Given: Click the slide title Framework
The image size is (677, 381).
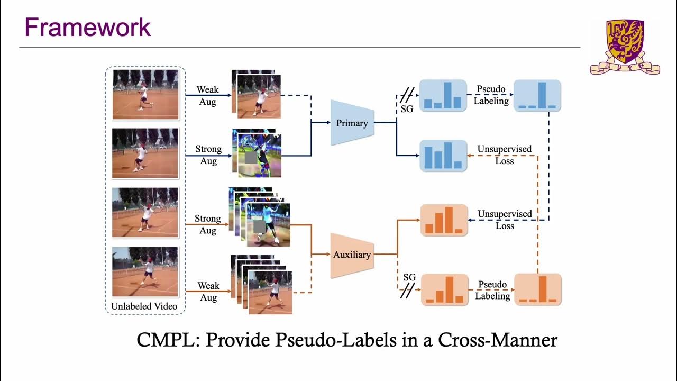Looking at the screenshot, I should [88, 28].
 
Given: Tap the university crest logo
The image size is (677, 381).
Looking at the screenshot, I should [625, 46].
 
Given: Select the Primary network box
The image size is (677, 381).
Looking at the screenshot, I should [352, 123].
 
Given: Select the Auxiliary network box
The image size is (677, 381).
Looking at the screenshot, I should [352, 255].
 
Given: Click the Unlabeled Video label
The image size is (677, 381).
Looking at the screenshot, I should [144, 306].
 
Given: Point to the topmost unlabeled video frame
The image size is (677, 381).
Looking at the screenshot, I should [145, 94].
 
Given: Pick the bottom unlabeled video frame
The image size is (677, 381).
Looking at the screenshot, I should [145, 272].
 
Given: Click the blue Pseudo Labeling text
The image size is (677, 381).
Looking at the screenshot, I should [491, 95].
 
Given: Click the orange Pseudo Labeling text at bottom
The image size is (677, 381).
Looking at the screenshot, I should [492, 290].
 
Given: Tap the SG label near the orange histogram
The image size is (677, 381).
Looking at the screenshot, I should [409, 277].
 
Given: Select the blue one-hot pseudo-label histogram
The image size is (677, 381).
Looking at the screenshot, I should [537, 96].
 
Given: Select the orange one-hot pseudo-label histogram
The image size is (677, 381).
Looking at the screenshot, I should [538, 289].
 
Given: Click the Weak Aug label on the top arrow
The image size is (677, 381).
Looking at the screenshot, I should [208, 96].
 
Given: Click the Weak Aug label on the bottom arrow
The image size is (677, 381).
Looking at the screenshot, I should [208, 292].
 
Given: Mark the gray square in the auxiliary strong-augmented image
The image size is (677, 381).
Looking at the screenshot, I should [260, 227].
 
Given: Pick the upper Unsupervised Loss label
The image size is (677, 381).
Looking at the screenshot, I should [504, 155].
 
